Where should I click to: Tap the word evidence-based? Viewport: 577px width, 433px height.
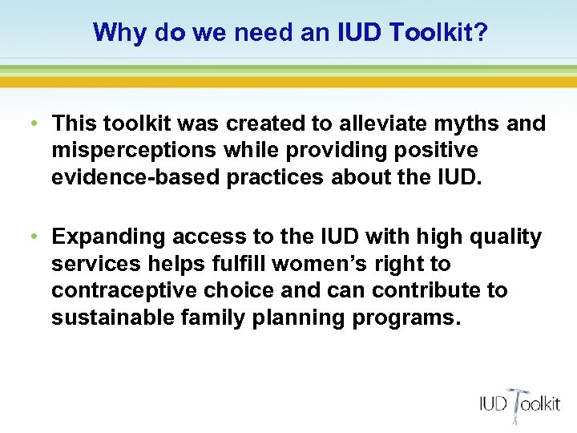[135, 177]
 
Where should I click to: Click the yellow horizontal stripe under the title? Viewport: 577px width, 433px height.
[288, 82]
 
